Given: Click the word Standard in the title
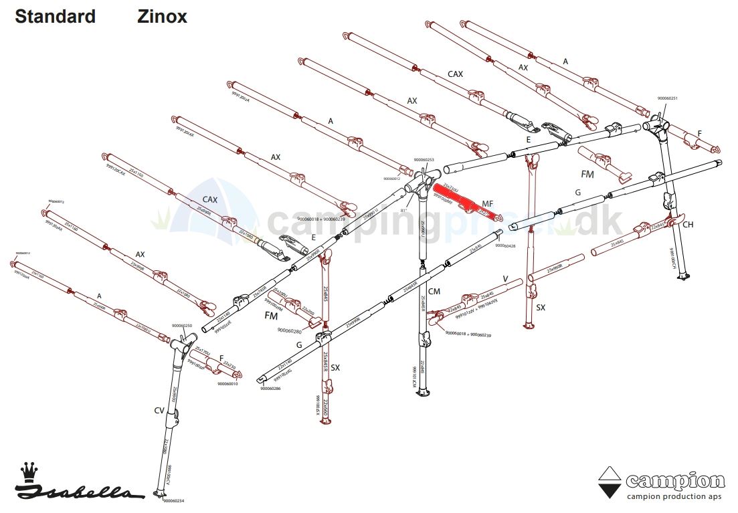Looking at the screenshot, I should coord(55,17).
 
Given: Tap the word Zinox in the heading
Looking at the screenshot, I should coord(163,17).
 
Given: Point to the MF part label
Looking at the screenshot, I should coord(488,203).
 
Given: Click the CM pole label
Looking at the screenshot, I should coord(434,291).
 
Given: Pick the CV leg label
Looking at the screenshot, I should coord(159,409).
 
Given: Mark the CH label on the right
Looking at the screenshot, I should coord(688,225).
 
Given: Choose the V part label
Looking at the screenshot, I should coord(506,278).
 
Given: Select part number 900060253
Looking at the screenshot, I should coord(424,160).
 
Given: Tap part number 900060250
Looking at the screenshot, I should coord(182,326).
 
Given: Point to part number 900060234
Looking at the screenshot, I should coord(173,500).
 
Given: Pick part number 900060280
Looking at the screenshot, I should coord(289,330).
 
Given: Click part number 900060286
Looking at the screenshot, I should coord(270,388).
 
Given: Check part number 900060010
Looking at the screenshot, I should coord(228,384).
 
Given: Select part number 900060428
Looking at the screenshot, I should coord(505,246).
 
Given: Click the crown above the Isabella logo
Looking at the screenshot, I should coord(28,472).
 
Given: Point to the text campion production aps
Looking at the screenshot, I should coord(674,496).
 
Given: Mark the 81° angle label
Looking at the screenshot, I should coord(403,210).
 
